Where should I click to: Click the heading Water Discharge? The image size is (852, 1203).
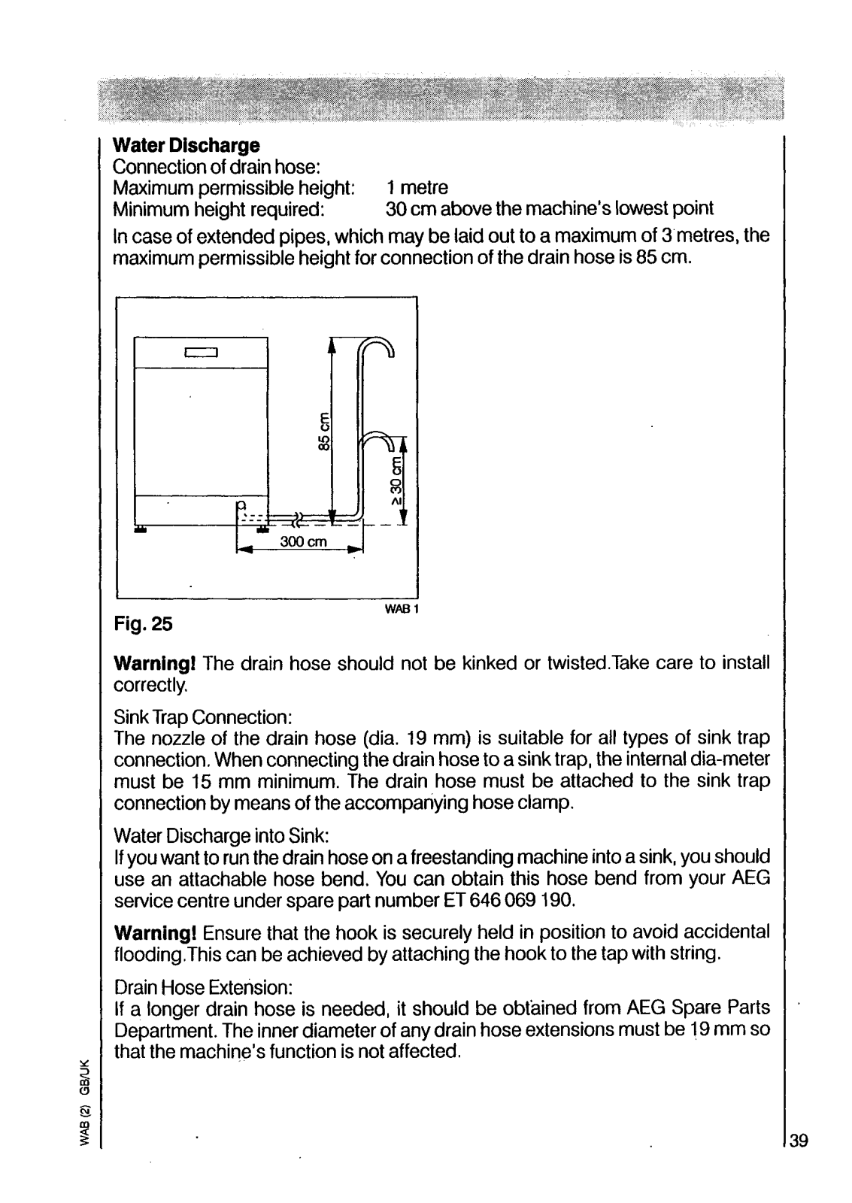pyautogui.click(x=186, y=145)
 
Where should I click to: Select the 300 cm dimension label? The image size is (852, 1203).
pyautogui.click(x=301, y=543)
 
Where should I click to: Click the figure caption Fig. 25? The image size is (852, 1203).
pyautogui.click(x=144, y=623)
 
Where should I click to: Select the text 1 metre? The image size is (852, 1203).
pyautogui.click(x=417, y=187)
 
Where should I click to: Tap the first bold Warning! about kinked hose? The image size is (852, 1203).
pyautogui.click(x=155, y=664)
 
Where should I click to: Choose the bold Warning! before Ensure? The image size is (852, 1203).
pyautogui.click(x=155, y=933)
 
